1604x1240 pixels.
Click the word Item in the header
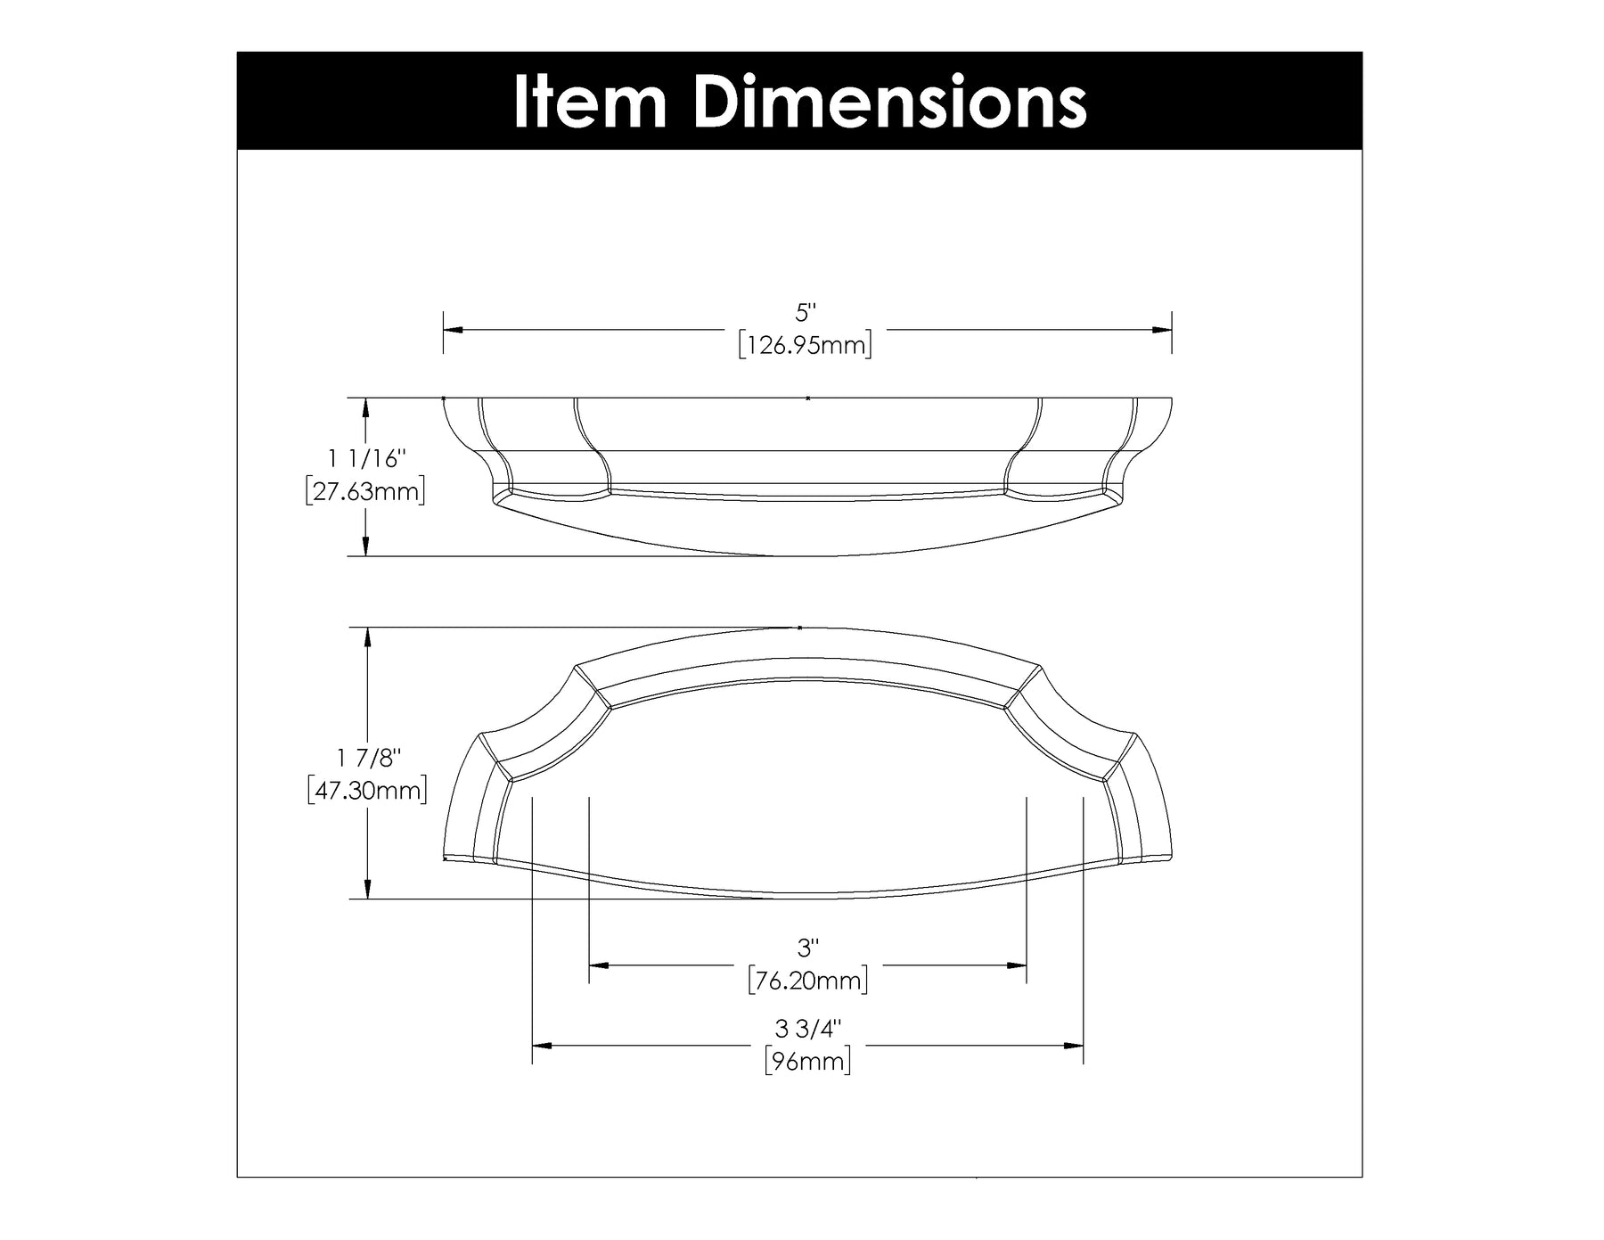590,103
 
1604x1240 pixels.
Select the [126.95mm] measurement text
806,345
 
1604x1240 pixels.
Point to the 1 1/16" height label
366,459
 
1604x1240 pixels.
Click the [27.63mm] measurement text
364,491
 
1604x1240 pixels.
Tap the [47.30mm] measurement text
366,791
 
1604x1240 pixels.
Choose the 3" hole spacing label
806,948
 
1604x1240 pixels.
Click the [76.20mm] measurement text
807,981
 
